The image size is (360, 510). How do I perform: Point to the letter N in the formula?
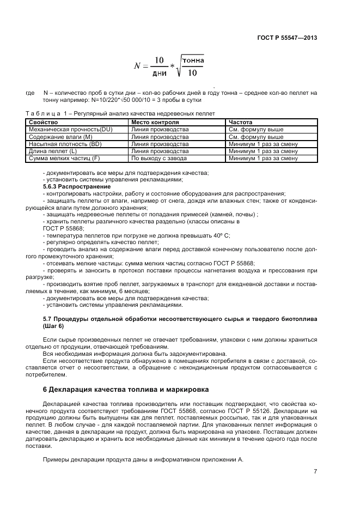pyautogui.click(x=138, y=66)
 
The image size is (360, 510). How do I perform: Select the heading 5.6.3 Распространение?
pyautogui.click(x=76, y=186)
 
